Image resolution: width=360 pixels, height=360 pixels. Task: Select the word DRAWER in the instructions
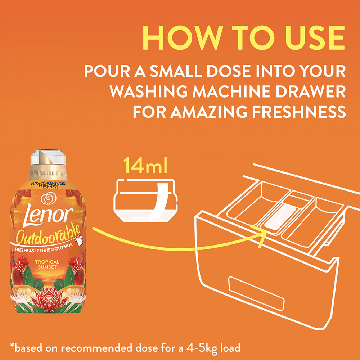click(x=310, y=91)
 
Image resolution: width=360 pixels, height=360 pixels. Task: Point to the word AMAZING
click(x=209, y=112)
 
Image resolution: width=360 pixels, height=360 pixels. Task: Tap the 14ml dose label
click(x=145, y=165)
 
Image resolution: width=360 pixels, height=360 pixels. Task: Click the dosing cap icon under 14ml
click(x=145, y=201)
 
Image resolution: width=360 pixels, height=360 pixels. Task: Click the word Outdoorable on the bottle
click(x=48, y=234)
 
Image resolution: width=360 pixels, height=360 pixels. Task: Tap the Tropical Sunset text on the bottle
click(x=47, y=264)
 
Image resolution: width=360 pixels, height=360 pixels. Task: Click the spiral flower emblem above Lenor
click(x=49, y=199)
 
